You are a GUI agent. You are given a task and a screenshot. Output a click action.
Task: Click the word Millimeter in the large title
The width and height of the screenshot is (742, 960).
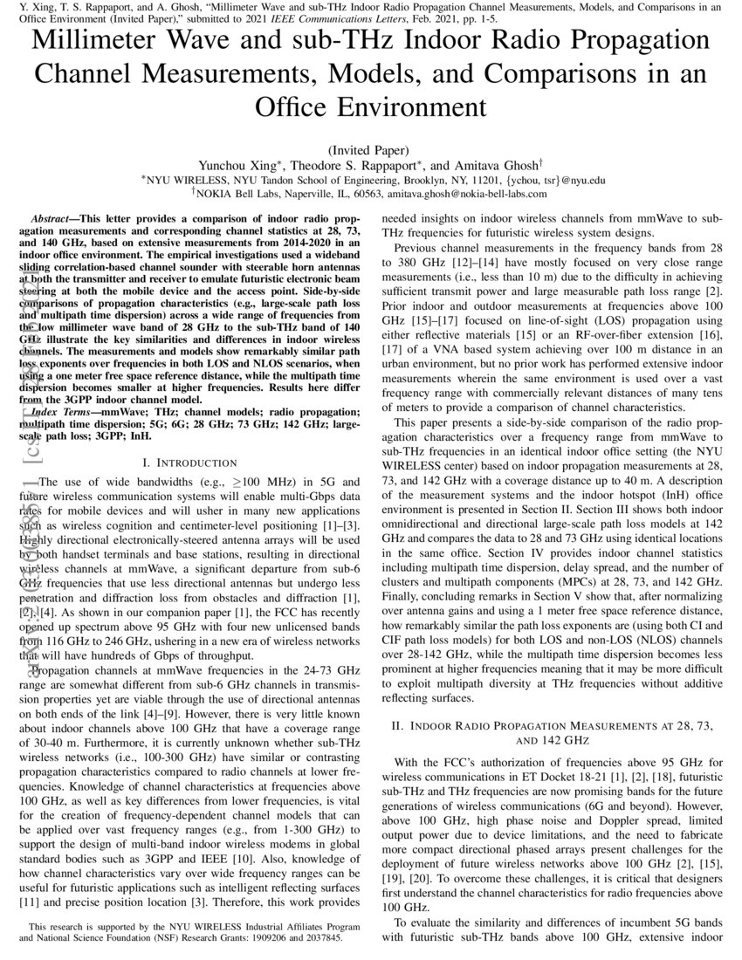[103, 42]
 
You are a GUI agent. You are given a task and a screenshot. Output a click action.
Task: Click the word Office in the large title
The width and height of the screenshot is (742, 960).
[296, 106]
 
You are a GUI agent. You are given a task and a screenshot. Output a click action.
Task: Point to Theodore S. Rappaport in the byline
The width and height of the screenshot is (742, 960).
[358, 165]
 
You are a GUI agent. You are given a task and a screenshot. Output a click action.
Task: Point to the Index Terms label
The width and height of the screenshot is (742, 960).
[63, 411]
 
